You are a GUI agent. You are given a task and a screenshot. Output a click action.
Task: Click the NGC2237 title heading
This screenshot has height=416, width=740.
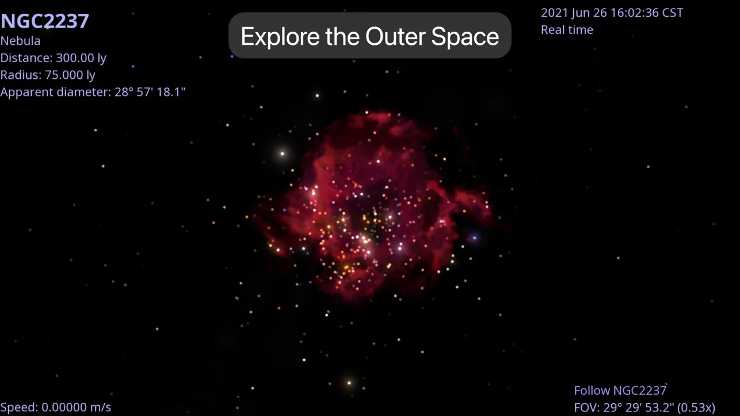coord(45,21)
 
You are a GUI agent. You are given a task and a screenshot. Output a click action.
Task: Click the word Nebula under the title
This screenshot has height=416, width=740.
coord(21,41)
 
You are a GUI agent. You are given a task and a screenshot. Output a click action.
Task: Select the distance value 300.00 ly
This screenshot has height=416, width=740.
coord(81,58)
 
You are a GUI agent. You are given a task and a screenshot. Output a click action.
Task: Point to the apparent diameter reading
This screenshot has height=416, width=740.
coord(93,92)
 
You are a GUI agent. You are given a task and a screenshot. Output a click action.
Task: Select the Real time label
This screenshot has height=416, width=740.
coord(567,30)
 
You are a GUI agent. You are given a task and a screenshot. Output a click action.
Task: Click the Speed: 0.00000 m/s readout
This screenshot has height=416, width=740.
coord(56,407)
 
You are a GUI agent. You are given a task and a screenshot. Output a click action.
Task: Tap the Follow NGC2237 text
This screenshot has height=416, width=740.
coord(620,391)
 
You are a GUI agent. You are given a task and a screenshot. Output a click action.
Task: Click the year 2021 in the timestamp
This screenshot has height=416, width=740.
coord(554,13)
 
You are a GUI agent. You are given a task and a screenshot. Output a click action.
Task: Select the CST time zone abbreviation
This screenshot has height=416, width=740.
coord(673,13)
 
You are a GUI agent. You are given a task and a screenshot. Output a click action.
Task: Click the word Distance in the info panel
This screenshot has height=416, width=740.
coord(26,58)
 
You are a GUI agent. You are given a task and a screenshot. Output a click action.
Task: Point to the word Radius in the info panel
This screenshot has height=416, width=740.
coord(21,75)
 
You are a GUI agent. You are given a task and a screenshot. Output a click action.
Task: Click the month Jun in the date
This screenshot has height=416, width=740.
coord(581,13)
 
